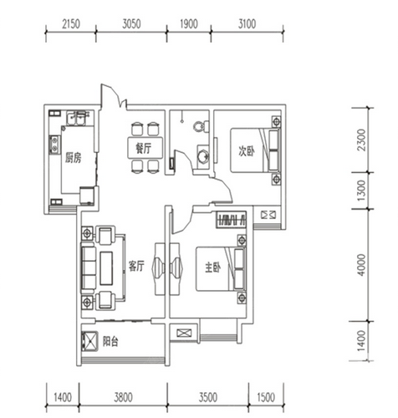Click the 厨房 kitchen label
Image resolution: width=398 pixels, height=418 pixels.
point(73,158)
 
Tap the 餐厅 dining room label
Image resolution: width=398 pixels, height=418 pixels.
point(144,148)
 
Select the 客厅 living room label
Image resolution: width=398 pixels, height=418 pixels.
point(136,266)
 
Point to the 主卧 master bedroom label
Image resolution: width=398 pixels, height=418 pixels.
point(213,268)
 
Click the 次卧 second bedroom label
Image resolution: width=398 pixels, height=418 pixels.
point(247,151)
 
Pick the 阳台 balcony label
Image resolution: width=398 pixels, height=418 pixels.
point(110,341)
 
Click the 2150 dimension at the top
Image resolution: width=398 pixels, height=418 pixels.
point(71,24)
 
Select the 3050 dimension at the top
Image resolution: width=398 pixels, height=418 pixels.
point(131,24)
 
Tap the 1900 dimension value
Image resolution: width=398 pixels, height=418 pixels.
point(189,24)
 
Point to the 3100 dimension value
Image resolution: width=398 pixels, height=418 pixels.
point(247,24)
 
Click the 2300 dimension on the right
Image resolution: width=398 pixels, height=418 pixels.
point(361,140)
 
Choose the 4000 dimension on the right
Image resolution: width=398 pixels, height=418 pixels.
point(361,265)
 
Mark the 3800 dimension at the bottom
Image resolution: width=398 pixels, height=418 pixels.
point(123,397)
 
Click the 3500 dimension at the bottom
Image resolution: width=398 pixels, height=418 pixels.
point(208,397)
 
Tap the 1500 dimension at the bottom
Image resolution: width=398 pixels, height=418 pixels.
point(266,397)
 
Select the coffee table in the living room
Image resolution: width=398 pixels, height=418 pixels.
point(106,268)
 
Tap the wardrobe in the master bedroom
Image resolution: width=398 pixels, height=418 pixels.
point(232,220)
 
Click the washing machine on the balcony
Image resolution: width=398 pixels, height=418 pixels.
point(90,341)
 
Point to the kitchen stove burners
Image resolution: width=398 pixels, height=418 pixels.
point(54,145)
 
